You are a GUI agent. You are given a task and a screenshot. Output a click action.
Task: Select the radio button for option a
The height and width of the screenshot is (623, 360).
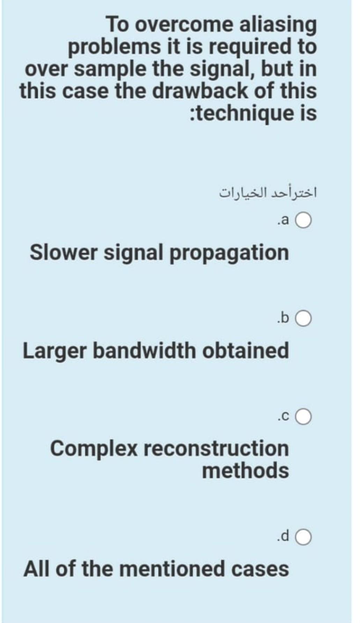304,221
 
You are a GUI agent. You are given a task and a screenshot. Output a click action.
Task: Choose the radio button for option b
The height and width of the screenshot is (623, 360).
304,318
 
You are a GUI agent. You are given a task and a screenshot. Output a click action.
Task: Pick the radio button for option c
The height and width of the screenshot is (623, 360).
304,417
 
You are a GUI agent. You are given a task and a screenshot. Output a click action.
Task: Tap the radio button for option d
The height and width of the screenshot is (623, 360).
304,537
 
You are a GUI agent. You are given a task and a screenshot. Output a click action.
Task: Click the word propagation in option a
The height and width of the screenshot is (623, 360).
229,253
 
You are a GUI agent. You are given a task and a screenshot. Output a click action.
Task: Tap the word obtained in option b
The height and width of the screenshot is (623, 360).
246,350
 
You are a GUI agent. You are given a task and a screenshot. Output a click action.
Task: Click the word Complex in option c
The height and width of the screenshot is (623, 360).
94,449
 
